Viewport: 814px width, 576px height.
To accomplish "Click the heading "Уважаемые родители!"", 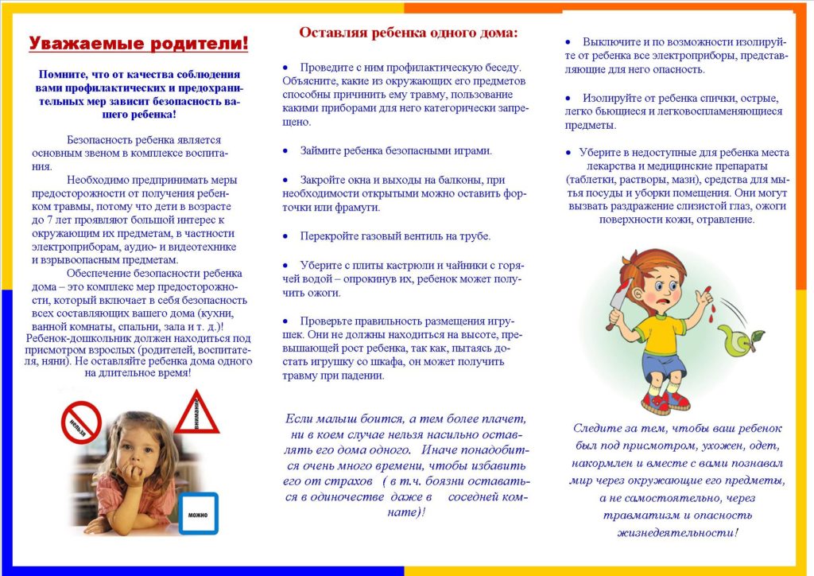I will pyautogui.click(x=138, y=44).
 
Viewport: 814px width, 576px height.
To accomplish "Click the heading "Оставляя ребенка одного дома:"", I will pyautogui.click(x=408, y=33).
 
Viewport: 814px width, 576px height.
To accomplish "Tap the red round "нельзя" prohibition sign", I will pyautogui.click(x=81, y=422).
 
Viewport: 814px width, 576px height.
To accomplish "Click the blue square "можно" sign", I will pyautogui.click(x=198, y=513).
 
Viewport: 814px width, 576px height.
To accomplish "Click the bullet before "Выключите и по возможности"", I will pyautogui.click(x=568, y=41).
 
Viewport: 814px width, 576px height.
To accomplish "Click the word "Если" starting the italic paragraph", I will pyautogui.click(x=296, y=418).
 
